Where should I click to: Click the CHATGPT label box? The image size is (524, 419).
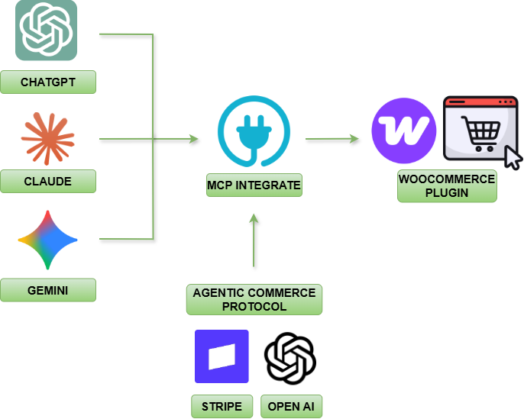pos(48,82)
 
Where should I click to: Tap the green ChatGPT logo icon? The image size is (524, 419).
pos(47,31)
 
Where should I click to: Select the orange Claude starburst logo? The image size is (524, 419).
pos(47,138)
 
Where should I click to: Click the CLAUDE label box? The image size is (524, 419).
pos(48,182)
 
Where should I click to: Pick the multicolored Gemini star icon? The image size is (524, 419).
pos(47,240)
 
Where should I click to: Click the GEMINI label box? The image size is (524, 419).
pos(48,290)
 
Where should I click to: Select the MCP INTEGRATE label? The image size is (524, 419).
pos(254,185)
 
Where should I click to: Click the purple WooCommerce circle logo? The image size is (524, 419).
pos(403,131)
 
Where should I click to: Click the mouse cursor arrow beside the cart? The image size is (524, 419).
pos(512,158)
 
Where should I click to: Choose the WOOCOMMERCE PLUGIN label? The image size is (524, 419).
pos(447,186)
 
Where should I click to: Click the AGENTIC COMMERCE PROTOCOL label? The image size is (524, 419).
pos(254,299)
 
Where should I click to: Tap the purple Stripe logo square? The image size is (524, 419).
pos(222,356)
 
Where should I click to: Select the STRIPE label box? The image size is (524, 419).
pos(222,407)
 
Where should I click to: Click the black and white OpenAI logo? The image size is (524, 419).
pos(290,358)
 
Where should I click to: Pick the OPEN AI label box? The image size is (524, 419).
pos(291,407)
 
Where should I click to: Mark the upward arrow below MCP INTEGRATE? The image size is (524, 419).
pos(254,240)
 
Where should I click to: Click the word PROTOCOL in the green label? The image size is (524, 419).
pos(254,306)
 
